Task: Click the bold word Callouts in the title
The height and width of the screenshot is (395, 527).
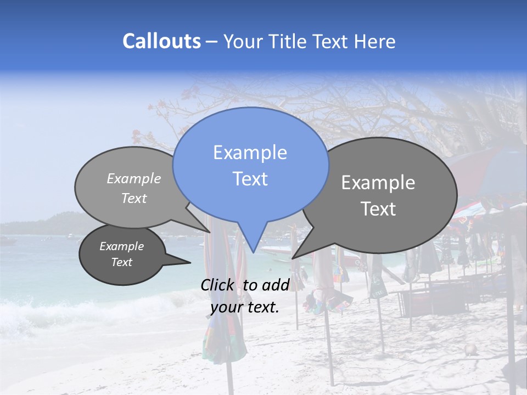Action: click(x=161, y=41)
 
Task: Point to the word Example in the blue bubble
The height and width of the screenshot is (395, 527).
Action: click(x=250, y=153)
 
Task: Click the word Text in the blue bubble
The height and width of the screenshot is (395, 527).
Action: click(x=250, y=179)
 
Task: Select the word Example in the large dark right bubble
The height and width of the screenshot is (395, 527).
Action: click(x=378, y=183)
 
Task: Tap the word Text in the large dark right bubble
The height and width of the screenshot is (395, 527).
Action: click(x=378, y=209)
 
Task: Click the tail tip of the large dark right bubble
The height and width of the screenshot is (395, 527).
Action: click(x=293, y=257)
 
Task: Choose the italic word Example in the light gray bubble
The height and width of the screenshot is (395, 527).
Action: click(x=134, y=179)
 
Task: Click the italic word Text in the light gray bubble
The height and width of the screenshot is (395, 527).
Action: click(x=134, y=199)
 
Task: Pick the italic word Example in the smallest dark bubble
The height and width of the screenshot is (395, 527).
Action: click(x=122, y=246)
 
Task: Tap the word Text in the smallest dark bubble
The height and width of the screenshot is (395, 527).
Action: click(x=122, y=262)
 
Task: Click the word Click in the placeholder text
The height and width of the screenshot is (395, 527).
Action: click(x=217, y=285)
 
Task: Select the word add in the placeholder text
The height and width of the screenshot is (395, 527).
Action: click(x=276, y=285)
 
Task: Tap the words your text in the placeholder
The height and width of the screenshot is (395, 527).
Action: click(x=245, y=307)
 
